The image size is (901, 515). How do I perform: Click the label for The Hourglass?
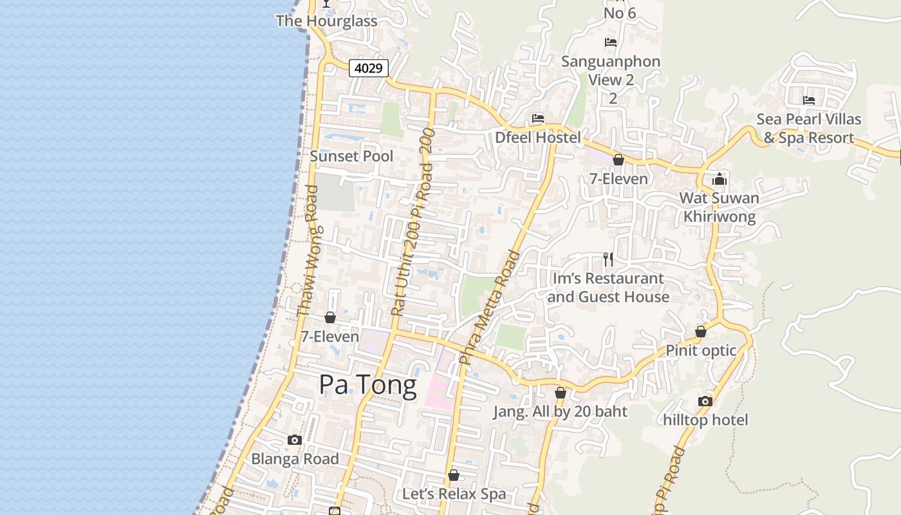click(x=326, y=21)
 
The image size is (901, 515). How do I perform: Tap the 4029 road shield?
click(x=369, y=68)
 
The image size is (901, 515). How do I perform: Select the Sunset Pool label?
click(x=351, y=156)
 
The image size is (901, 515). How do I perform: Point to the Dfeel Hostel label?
click(x=537, y=137)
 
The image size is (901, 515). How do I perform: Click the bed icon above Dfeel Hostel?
click(x=538, y=118)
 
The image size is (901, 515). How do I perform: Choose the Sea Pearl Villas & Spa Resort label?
click(x=808, y=128)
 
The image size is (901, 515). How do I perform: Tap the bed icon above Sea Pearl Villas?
click(x=809, y=100)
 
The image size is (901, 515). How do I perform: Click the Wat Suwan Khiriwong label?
click(x=720, y=207)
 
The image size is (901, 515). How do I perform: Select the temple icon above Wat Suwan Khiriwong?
click(x=720, y=179)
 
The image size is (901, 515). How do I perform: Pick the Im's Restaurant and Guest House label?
click(x=608, y=288)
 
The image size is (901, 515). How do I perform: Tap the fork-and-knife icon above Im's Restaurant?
click(x=608, y=259)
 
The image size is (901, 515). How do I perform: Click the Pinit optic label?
click(x=701, y=350)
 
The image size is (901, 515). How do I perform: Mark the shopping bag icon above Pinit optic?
click(x=701, y=332)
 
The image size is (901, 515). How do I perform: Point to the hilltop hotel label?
click(x=705, y=420)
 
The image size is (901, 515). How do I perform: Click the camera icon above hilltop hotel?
click(x=705, y=401)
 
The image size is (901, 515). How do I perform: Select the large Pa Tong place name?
click(x=367, y=385)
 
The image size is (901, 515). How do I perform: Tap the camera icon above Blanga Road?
click(x=295, y=440)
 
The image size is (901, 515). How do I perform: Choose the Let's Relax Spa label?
click(x=454, y=494)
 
